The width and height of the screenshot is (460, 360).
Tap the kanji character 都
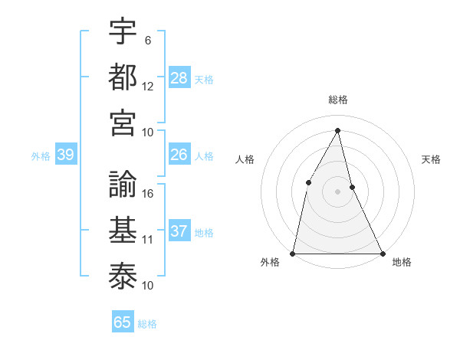(123, 76)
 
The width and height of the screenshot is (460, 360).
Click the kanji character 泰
(123, 276)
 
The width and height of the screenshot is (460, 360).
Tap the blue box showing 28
(179, 77)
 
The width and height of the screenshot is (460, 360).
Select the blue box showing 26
(179, 155)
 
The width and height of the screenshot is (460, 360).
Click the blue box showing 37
(179, 231)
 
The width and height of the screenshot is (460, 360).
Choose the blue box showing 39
(66, 155)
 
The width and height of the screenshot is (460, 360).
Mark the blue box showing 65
(123, 322)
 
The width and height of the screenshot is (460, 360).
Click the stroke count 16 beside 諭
(148, 194)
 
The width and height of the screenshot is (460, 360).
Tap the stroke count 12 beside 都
(148, 86)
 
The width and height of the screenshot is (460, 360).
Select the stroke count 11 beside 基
(148, 240)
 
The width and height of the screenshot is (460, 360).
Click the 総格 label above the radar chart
(337, 100)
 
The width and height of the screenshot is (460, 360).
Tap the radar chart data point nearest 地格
(382, 253)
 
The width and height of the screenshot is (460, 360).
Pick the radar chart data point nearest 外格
(293, 253)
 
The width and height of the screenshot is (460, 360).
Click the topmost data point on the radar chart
(337, 131)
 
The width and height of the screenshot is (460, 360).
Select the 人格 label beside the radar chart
(245, 159)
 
